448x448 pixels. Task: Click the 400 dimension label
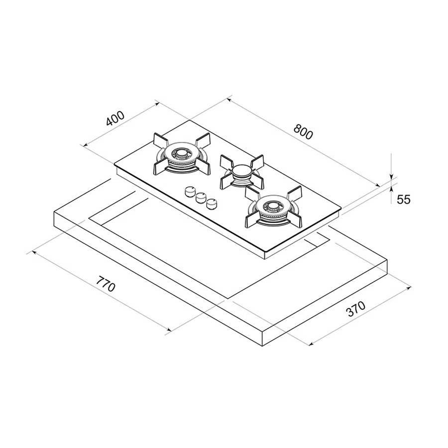[115, 118]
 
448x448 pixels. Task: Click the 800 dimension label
[304, 132]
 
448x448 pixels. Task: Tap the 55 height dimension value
[403, 200]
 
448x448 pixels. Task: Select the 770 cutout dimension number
[106, 283]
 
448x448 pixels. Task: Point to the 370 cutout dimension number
[356, 309]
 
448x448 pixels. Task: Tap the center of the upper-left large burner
[181, 155]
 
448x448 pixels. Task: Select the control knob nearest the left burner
[190, 192]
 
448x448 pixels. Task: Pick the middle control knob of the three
[201, 197]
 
